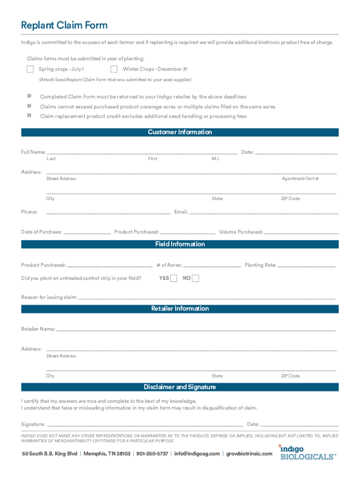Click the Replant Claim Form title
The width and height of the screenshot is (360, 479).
64,25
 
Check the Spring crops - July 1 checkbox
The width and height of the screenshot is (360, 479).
30,69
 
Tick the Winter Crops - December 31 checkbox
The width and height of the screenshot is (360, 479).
114,69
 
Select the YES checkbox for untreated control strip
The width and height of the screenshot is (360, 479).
174,278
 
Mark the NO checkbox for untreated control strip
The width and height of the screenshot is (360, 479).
195,278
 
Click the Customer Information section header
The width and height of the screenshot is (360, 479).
180,132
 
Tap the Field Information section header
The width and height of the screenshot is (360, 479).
180,244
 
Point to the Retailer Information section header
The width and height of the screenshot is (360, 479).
180,309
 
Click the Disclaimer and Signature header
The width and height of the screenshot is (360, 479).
180,387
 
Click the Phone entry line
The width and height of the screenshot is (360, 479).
108,212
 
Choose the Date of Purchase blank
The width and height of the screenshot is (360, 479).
87,232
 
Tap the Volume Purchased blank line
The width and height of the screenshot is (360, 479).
302,232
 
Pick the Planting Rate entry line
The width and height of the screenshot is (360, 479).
307,265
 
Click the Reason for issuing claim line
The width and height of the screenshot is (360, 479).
207,297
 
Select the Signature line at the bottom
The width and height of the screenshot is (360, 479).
145,424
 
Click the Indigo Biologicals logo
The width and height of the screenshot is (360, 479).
307,452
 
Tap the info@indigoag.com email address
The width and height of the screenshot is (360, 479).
197,454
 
